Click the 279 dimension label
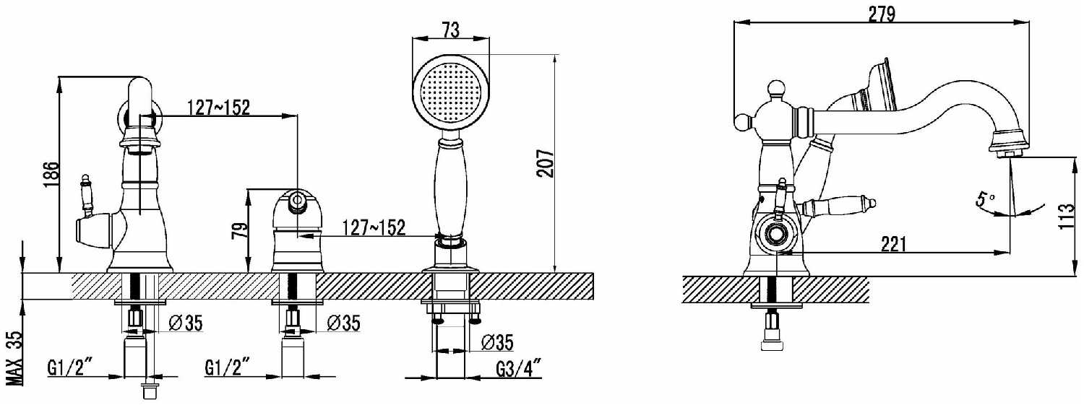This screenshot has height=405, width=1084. click(x=881, y=14)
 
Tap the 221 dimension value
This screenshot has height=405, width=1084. click(x=894, y=245)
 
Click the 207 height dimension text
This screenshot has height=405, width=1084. click(x=546, y=163)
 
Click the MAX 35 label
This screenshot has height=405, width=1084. click(x=12, y=358)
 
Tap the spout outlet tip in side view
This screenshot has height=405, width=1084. click(x=1009, y=152)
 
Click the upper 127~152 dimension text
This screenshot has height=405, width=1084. click(x=219, y=108)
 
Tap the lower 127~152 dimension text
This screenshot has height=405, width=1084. click(x=374, y=227)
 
